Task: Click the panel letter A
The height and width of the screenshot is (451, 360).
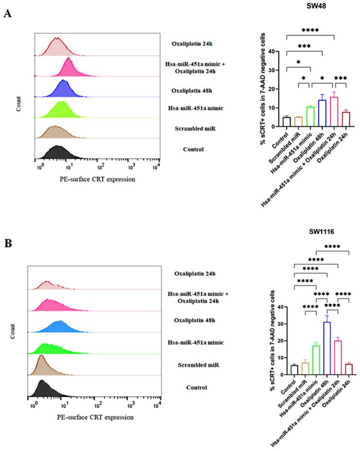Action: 7,14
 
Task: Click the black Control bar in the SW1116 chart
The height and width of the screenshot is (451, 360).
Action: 294,370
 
